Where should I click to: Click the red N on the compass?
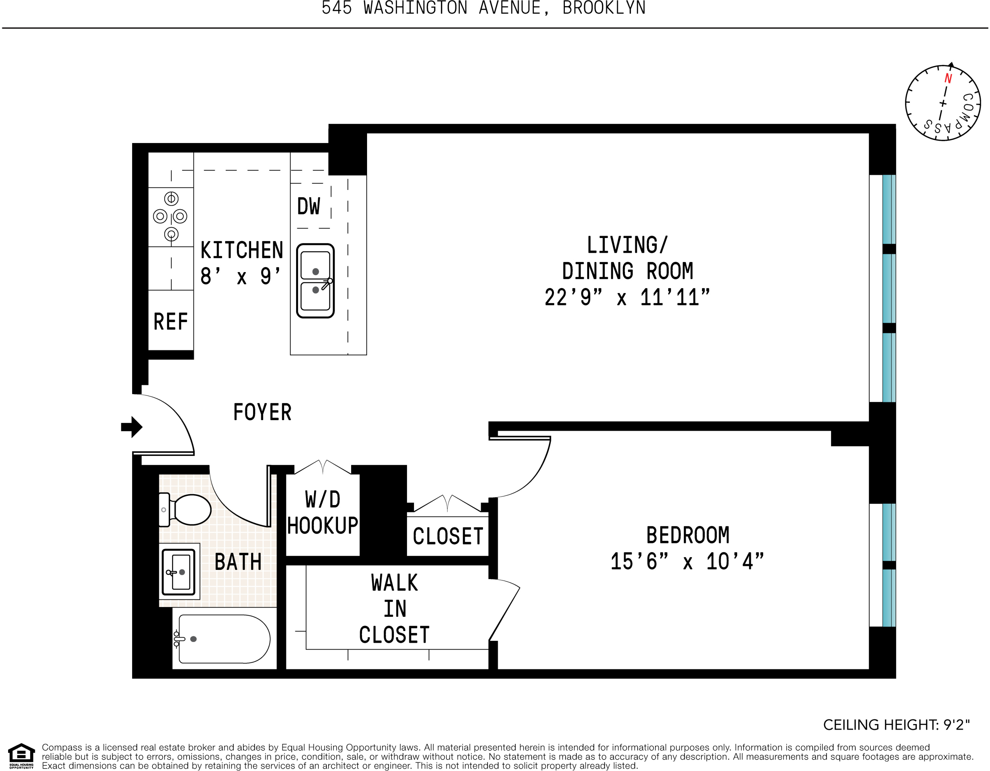click(x=948, y=78)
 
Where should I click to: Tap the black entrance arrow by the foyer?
click(x=132, y=427)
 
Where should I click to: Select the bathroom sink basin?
click(x=179, y=572)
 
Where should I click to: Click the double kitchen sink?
click(x=315, y=281)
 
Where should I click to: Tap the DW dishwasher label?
click(x=309, y=207)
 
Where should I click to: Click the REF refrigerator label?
click(x=170, y=322)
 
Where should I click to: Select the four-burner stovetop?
click(x=170, y=216)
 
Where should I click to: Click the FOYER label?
click(x=262, y=412)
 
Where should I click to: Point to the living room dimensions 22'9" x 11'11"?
click(x=627, y=298)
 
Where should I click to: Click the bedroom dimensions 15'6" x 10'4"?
click(x=687, y=561)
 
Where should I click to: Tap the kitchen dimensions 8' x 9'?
click(x=241, y=275)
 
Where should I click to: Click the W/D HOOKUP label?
click(x=322, y=513)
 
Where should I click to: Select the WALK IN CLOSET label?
click(x=394, y=609)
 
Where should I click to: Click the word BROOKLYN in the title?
click(x=604, y=8)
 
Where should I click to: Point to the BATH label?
click(x=238, y=562)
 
